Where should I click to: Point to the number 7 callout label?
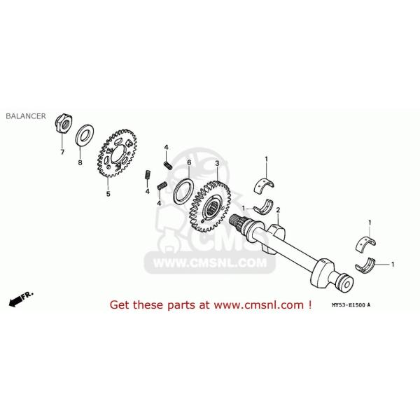pos(61,151)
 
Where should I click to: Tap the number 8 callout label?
pos(80,162)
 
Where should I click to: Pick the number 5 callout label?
pos(108,194)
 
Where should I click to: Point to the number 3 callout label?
pos(217,163)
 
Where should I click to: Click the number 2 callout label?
pos(278,210)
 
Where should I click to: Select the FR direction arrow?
pos(20,299)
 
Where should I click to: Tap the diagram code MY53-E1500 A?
pos(361,306)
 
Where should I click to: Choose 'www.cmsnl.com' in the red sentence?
pos(258,305)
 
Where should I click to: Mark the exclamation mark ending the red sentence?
pos(309,304)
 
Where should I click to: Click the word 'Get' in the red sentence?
pos(120,305)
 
